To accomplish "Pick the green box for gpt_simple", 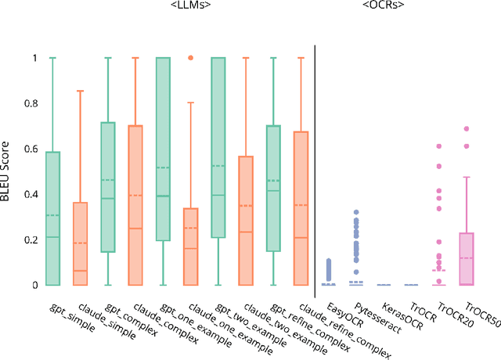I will tap(52, 218).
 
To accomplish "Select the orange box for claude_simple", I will tap(80, 243).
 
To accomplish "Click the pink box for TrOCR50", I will tap(467, 258).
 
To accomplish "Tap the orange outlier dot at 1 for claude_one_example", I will tap(189, 58).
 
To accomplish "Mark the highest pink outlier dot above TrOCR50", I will tap(467, 128).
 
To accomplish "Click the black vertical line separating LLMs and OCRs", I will tap(315, 164).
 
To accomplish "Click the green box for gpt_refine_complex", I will tap(272, 189).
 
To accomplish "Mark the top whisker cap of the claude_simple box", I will tap(80, 91).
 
